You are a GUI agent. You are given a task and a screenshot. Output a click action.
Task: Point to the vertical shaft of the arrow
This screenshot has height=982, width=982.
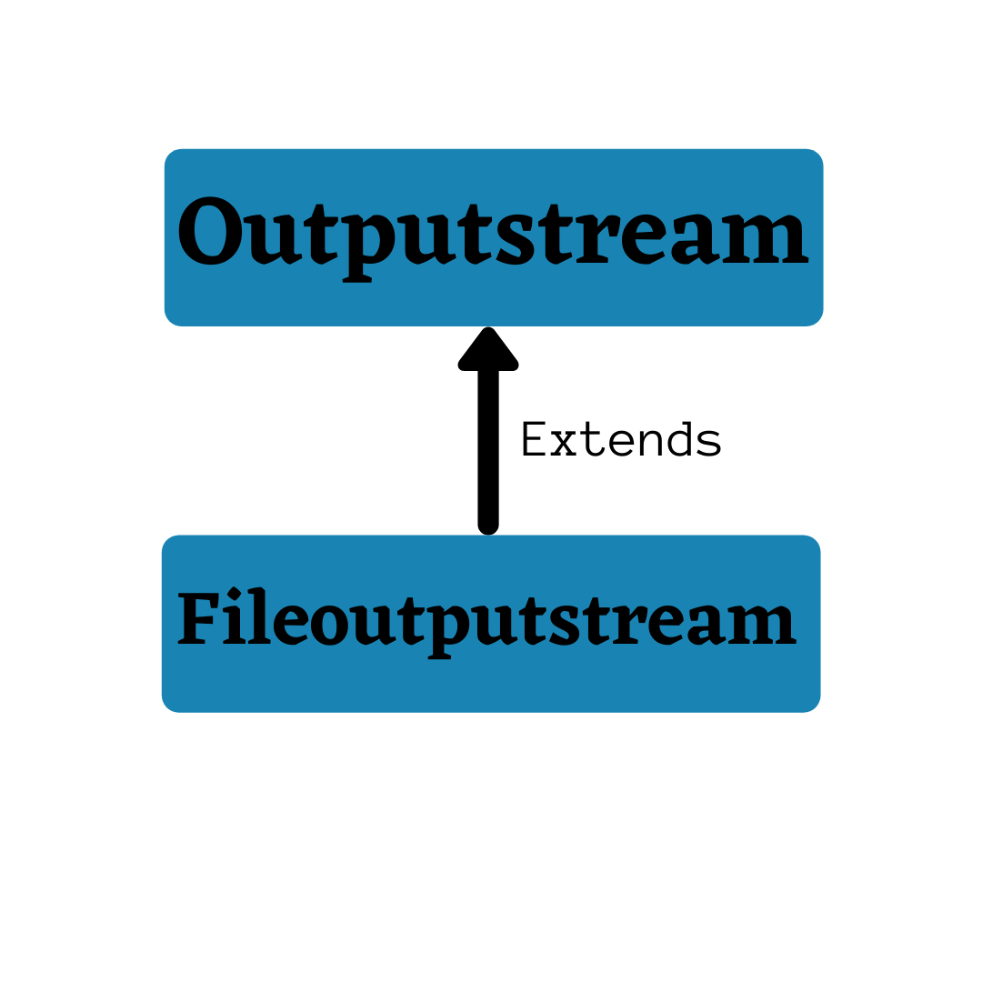click(x=488, y=446)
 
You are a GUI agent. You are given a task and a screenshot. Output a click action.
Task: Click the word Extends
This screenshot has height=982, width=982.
click(x=621, y=441)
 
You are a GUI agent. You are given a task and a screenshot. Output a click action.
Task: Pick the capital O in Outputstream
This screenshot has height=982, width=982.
click(x=210, y=233)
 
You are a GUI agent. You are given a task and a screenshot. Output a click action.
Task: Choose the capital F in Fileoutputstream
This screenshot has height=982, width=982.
click(x=197, y=619)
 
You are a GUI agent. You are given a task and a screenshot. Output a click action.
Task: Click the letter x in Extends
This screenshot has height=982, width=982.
click(x=564, y=443)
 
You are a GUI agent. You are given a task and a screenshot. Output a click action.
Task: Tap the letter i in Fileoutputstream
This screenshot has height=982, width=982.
click(x=235, y=619)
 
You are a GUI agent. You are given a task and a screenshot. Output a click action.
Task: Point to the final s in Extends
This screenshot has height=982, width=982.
click(x=708, y=444)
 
